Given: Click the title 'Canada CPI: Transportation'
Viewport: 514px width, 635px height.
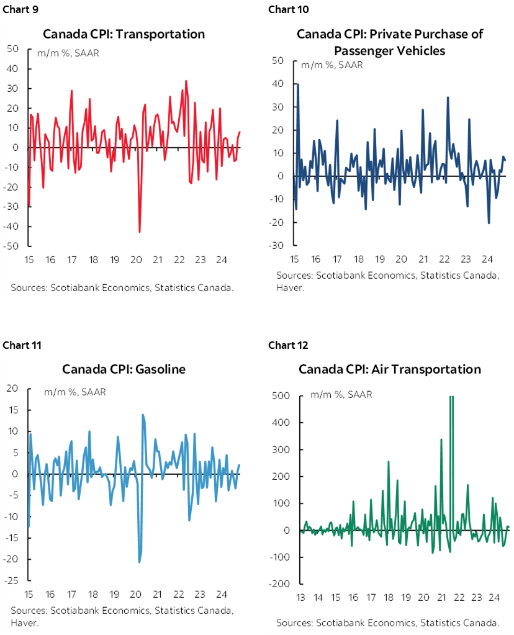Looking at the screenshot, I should pos(123,34).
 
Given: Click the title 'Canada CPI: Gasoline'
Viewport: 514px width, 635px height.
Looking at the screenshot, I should pos(124,369).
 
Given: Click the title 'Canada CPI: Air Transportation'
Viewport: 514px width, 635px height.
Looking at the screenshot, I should pos(389,369).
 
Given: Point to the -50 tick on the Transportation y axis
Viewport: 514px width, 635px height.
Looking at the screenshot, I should pos(13,246).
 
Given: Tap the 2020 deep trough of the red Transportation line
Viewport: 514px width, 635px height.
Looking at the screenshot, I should pos(139,232).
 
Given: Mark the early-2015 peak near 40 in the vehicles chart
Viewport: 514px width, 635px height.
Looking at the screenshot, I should pos(298,84).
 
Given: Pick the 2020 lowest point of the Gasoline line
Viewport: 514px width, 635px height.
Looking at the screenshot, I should pos(139,562).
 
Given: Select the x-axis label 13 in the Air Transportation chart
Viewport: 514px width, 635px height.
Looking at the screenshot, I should pos(300,598).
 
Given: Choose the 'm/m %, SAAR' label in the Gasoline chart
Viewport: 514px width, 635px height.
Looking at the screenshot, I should pos(74,392).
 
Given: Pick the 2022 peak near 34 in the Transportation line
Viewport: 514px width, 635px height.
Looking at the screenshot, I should pos(186,81).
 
